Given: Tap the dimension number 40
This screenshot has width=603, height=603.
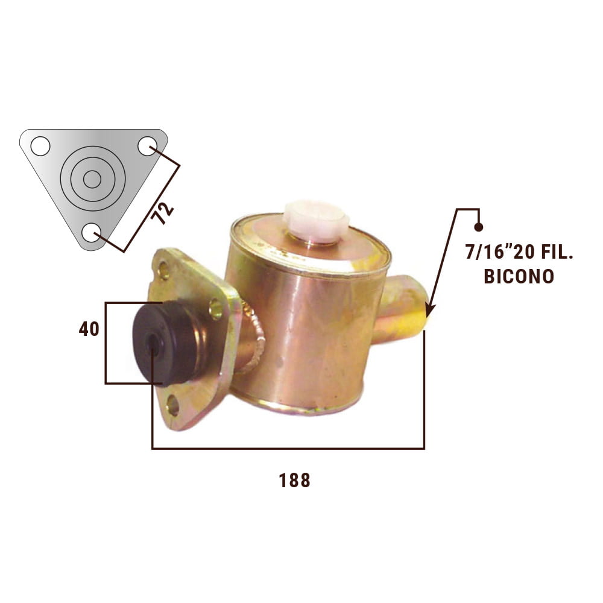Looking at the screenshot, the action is point(89,329).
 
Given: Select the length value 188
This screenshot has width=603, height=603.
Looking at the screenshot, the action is point(294,481).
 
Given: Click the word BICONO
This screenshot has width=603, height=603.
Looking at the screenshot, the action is point(519,276).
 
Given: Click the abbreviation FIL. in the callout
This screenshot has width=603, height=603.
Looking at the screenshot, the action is point(557,252).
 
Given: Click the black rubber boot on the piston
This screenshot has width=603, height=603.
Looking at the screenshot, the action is point(165,343).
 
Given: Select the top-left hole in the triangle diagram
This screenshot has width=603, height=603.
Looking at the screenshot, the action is point(40,146).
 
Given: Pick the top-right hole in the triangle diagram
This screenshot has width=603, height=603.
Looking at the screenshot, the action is point(147,146).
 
